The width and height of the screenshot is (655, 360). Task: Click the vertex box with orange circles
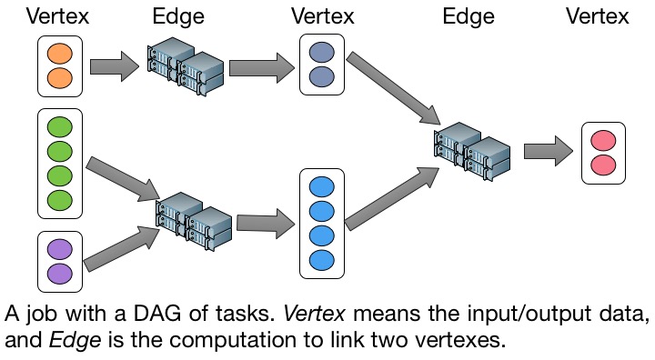click(60, 66)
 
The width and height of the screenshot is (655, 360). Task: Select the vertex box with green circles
click(60, 164)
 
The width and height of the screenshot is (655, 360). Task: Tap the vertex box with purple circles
click(60, 262)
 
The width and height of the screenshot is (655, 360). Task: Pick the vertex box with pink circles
click(604, 153)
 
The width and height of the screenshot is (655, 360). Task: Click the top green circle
click(60, 127)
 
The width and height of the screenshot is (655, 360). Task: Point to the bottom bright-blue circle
click(322, 260)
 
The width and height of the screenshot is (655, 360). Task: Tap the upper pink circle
click(604, 140)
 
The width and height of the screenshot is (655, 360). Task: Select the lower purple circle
click(60, 274)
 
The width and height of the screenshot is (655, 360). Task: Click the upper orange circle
click(60, 54)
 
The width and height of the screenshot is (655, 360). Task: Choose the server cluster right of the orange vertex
click(185, 67)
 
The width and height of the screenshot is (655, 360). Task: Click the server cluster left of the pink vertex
click(472, 151)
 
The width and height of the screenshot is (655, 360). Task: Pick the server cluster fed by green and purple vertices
click(194, 221)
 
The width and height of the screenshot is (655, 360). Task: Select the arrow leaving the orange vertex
click(114, 66)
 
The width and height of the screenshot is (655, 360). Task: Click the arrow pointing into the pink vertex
click(549, 151)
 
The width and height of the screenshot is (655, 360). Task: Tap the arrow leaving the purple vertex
click(122, 248)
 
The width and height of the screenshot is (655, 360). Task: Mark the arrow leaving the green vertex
click(123, 179)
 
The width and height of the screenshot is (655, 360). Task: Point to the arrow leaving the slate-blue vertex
click(394, 87)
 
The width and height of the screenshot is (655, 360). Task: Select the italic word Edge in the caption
click(76, 340)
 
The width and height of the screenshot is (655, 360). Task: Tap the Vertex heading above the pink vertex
click(598, 16)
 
